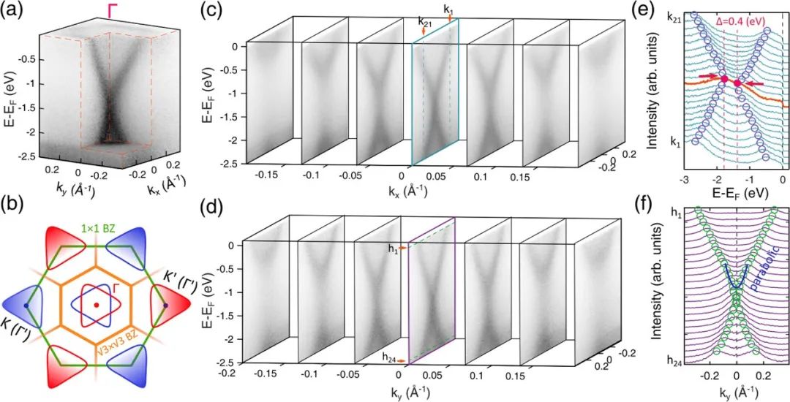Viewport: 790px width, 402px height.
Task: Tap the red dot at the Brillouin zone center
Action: click(x=96, y=304)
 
